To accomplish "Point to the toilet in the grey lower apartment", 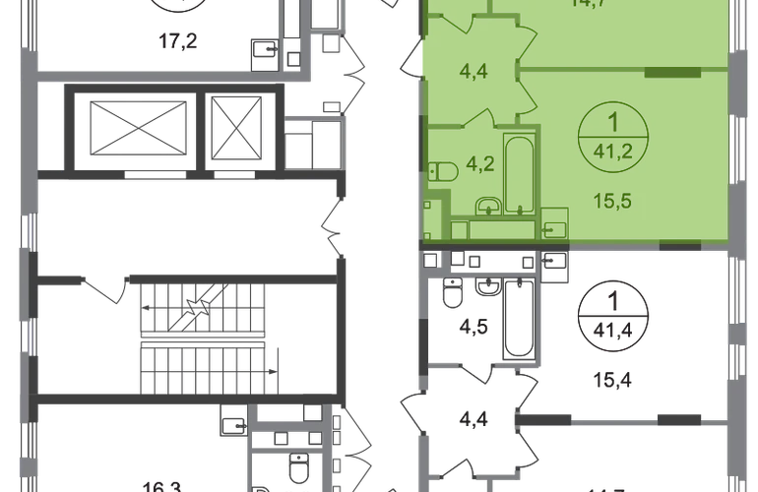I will point(453,292).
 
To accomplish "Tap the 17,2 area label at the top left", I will point(178,42).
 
